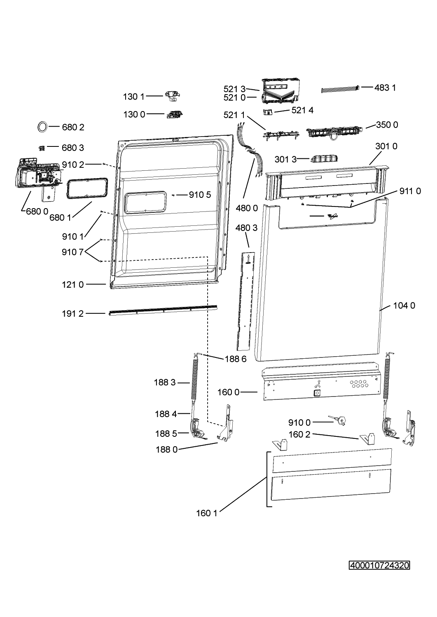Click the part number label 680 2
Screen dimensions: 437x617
click(73, 127)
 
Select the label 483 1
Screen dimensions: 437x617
click(385, 88)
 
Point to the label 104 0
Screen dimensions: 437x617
click(404, 306)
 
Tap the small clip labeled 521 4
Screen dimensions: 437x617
click(268, 112)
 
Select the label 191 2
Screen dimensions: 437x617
click(72, 314)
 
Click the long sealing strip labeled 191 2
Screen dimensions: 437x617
click(163, 311)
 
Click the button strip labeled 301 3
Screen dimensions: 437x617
click(325, 159)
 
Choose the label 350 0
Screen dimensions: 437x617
click(387, 125)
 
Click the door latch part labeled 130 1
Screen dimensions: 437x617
click(173, 97)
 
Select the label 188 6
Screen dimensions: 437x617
click(236, 359)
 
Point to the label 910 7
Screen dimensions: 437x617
click(72, 252)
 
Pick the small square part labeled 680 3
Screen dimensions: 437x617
click(42, 148)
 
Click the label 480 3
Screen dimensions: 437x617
click(246, 228)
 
